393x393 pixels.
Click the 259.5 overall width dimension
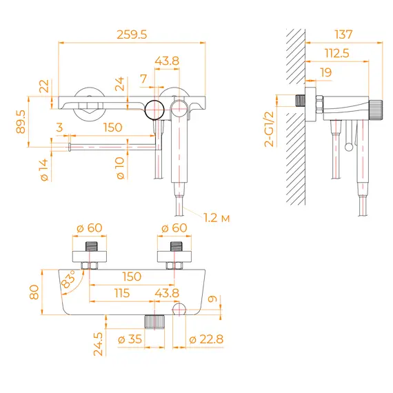click(x=132, y=34)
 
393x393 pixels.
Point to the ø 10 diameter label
click(x=121, y=170)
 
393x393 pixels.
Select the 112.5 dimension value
click(x=336, y=53)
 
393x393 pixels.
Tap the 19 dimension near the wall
click(x=325, y=72)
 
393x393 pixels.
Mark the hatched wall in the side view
click(x=296, y=159)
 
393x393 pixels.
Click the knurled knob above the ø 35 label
click(x=155, y=322)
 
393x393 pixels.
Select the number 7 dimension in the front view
click(x=143, y=79)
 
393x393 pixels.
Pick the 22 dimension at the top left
click(x=45, y=85)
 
